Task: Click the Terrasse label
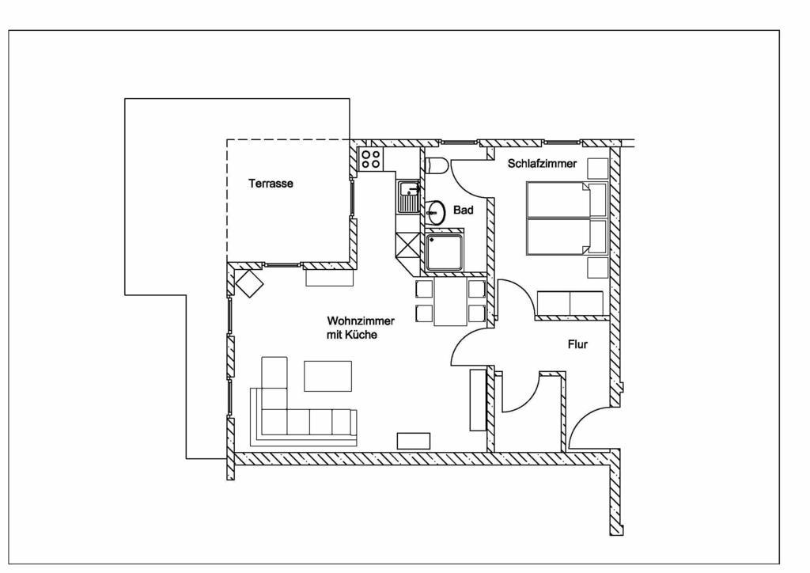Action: click(271, 184)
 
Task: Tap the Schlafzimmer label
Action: click(542, 163)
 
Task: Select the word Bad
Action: click(463, 210)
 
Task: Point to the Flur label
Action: click(577, 344)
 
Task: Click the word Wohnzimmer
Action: click(361, 321)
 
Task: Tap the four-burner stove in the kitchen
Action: click(370, 159)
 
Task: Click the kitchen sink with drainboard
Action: click(408, 197)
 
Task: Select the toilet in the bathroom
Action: click(437, 165)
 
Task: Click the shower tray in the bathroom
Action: click(445, 252)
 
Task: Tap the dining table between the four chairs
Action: click(450, 302)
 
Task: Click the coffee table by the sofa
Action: click(327, 376)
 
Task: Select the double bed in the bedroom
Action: click(558, 218)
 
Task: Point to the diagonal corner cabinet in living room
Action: click(250, 283)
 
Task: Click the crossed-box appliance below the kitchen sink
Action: click(407, 245)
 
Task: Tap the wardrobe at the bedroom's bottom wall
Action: click(570, 303)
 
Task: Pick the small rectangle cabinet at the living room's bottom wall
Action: click(413, 441)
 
